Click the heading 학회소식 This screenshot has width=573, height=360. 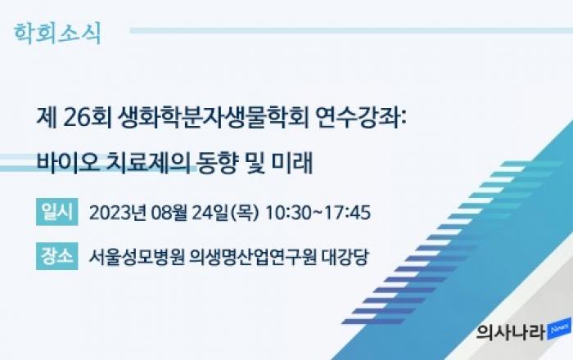(57, 34)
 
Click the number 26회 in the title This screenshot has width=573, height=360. (88, 118)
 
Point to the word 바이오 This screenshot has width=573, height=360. (68, 163)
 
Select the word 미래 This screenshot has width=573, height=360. (292, 163)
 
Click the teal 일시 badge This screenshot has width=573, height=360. (57, 212)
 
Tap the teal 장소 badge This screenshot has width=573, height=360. (57, 256)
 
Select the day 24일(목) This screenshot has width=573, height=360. (225, 213)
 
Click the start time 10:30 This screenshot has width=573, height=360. (288, 213)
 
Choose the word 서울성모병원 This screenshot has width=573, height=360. (137, 257)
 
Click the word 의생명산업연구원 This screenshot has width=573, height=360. (252, 257)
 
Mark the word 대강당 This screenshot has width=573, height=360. (345, 257)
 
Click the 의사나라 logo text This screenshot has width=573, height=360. (511, 332)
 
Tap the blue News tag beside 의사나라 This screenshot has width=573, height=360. (559, 329)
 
